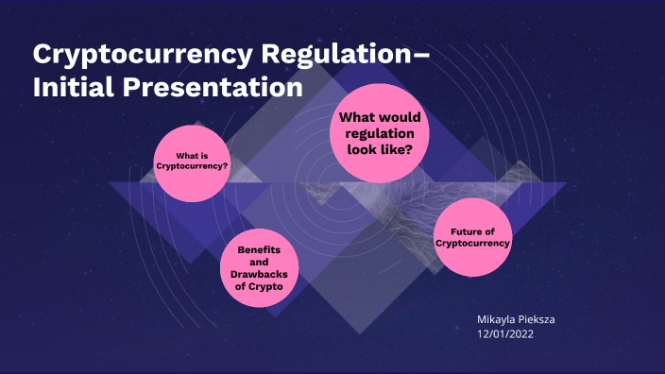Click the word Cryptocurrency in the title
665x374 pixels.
(137, 55)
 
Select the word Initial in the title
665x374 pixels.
(76, 89)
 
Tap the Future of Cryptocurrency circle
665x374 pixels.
(472, 237)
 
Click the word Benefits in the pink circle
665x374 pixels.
(259, 248)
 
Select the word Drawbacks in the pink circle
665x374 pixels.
(259, 273)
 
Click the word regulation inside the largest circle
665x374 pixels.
(380, 133)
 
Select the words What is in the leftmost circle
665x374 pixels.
(192, 156)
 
